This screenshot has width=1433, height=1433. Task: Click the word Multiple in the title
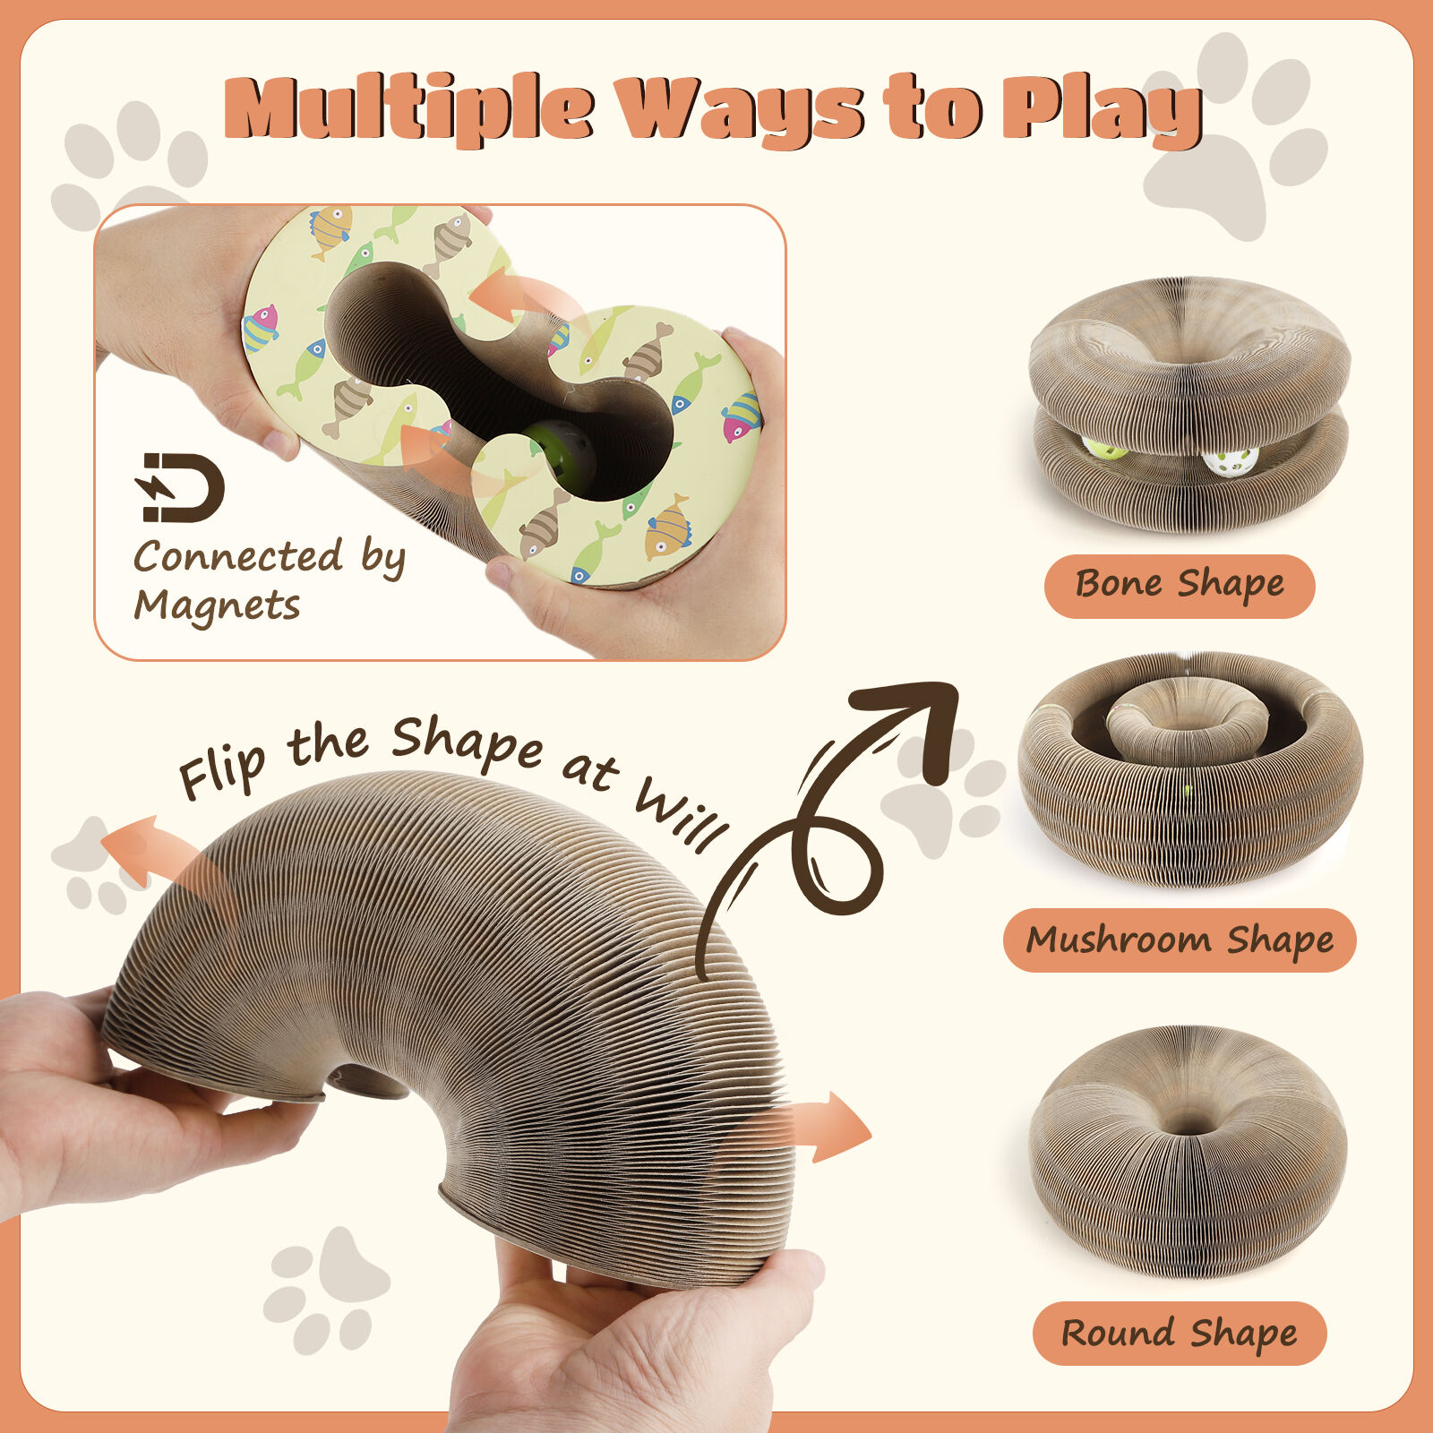[x=408, y=108]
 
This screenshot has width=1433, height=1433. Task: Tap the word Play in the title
[x=1101, y=111]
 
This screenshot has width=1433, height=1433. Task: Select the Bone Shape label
[x=1180, y=586]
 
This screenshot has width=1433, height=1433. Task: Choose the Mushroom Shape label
[x=1180, y=940]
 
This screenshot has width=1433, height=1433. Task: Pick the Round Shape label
[x=1180, y=1333]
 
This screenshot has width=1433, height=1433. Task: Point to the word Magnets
[x=217, y=605]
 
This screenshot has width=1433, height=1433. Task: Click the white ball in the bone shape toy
[x=1231, y=461]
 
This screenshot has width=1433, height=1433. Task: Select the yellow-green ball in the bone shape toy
[x=1104, y=449]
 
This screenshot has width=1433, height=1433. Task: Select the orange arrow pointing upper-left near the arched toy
[x=161, y=869]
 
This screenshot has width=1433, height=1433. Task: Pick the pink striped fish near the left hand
[x=261, y=329]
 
